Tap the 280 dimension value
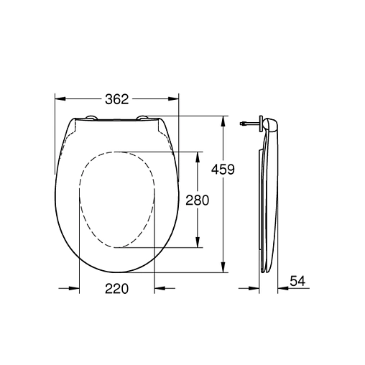click(197, 200)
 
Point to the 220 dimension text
click(116, 289)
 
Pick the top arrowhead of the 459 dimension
click(224, 119)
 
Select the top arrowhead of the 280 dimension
click(198, 155)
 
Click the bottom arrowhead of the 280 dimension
click(198, 244)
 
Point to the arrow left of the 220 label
click(73, 289)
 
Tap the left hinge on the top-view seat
click(91, 119)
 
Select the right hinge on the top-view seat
click(142, 119)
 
